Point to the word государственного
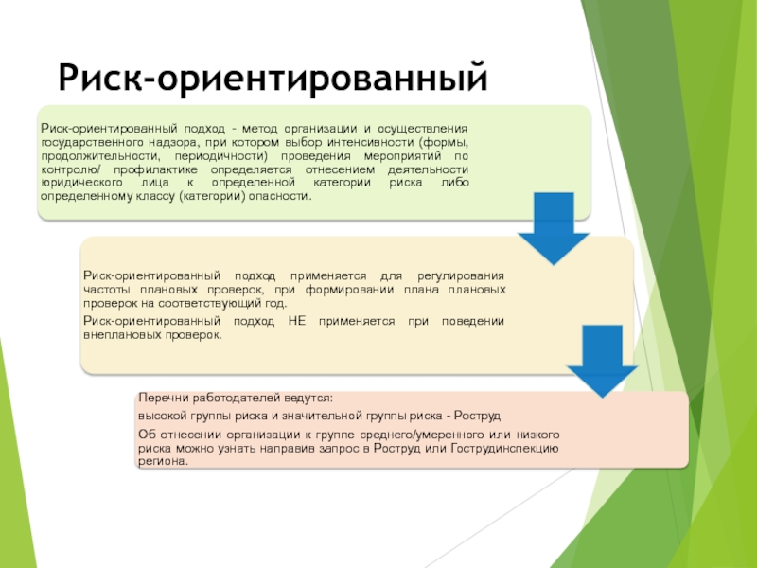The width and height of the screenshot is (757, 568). (x=81, y=141)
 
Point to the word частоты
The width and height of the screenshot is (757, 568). (x=108, y=289)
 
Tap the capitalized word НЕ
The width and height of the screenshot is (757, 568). (x=295, y=322)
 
